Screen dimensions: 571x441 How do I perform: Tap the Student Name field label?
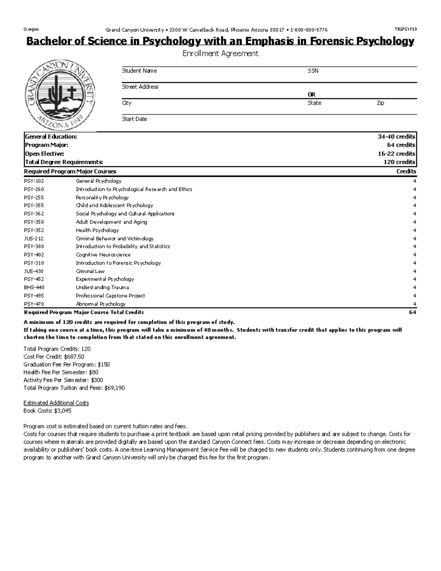click(x=139, y=71)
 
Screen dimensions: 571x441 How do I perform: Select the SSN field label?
click(x=313, y=71)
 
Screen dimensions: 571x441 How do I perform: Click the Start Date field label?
click(x=134, y=119)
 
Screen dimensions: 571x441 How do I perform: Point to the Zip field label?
click(x=380, y=103)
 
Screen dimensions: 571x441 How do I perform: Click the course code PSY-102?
click(x=34, y=181)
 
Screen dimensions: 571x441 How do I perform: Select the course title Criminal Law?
click(x=90, y=271)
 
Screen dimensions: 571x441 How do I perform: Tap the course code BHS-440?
click(x=34, y=288)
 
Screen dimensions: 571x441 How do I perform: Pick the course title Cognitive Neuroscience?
click(x=103, y=255)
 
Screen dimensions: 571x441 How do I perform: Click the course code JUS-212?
click(x=33, y=239)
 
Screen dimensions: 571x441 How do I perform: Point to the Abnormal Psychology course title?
click(x=100, y=304)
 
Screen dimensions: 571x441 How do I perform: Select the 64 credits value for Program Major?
click(x=401, y=145)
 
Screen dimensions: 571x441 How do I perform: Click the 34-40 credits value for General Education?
click(x=397, y=136)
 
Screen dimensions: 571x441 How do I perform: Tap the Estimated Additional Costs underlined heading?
click(x=56, y=403)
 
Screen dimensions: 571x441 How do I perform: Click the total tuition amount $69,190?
click(x=115, y=388)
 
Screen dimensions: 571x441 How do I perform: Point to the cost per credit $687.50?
click(x=74, y=357)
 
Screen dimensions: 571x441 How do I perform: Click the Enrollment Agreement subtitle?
click(x=220, y=54)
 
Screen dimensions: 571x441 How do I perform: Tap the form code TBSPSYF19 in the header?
click(x=406, y=30)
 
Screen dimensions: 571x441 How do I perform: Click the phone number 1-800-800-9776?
click(x=309, y=30)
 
